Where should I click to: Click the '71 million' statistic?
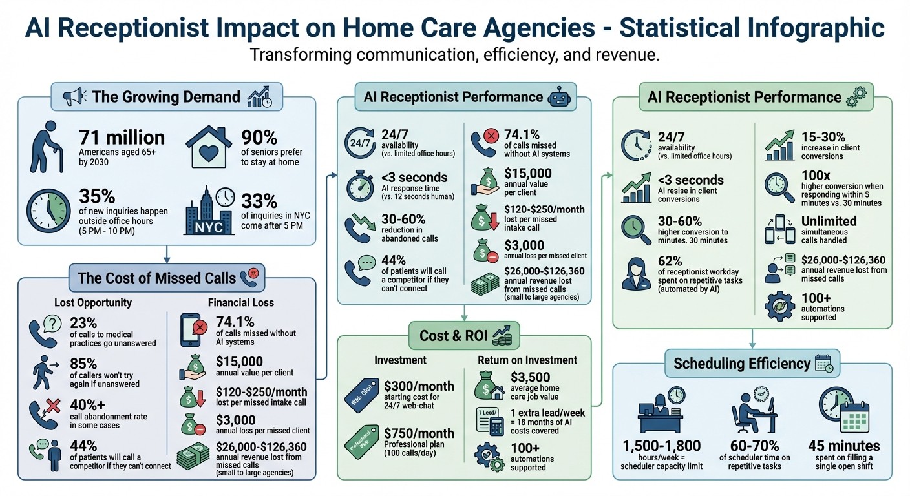tap(122, 138)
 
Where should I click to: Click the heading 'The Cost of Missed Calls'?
tap(156, 278)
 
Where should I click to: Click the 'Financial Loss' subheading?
tap(240, 302)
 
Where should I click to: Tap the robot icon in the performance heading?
tap(558, 98)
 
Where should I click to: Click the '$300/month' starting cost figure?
tap(418, 386)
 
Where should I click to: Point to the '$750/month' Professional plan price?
tap(418, 433)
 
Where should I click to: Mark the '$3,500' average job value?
tap(530, 377)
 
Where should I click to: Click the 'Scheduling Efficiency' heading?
tap(741, 363)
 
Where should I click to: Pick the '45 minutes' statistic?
tap(843, 446)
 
